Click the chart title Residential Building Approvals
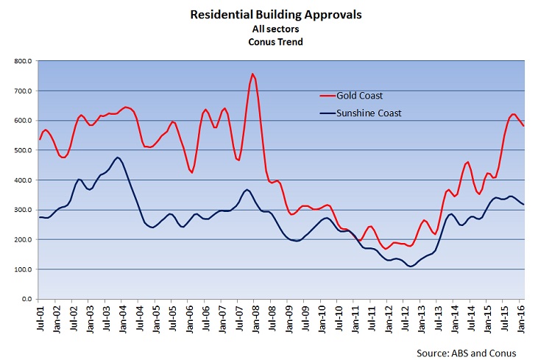[276, 14]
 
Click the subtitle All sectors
[276, 28]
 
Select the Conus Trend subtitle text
[276, 41]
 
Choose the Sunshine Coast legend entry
[371, 113]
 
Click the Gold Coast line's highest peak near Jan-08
[252, 74]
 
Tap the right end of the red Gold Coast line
[524, 126]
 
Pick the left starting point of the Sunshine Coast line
[39, 217]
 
